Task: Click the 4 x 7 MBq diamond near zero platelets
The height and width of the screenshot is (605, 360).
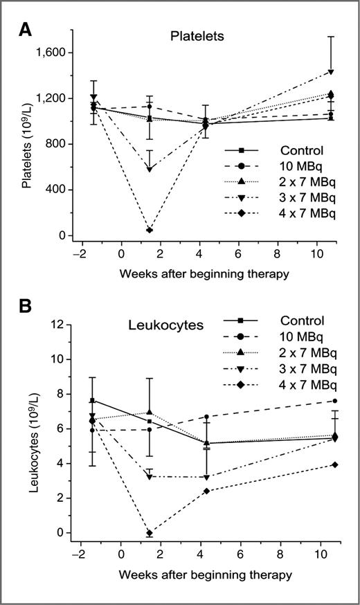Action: pos(150,230)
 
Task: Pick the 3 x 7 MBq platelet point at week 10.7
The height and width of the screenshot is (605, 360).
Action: pos(332,71)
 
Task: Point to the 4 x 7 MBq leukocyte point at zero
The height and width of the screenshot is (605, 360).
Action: pos(150,532)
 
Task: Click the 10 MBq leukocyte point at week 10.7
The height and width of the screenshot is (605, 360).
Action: pos(334,401)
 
